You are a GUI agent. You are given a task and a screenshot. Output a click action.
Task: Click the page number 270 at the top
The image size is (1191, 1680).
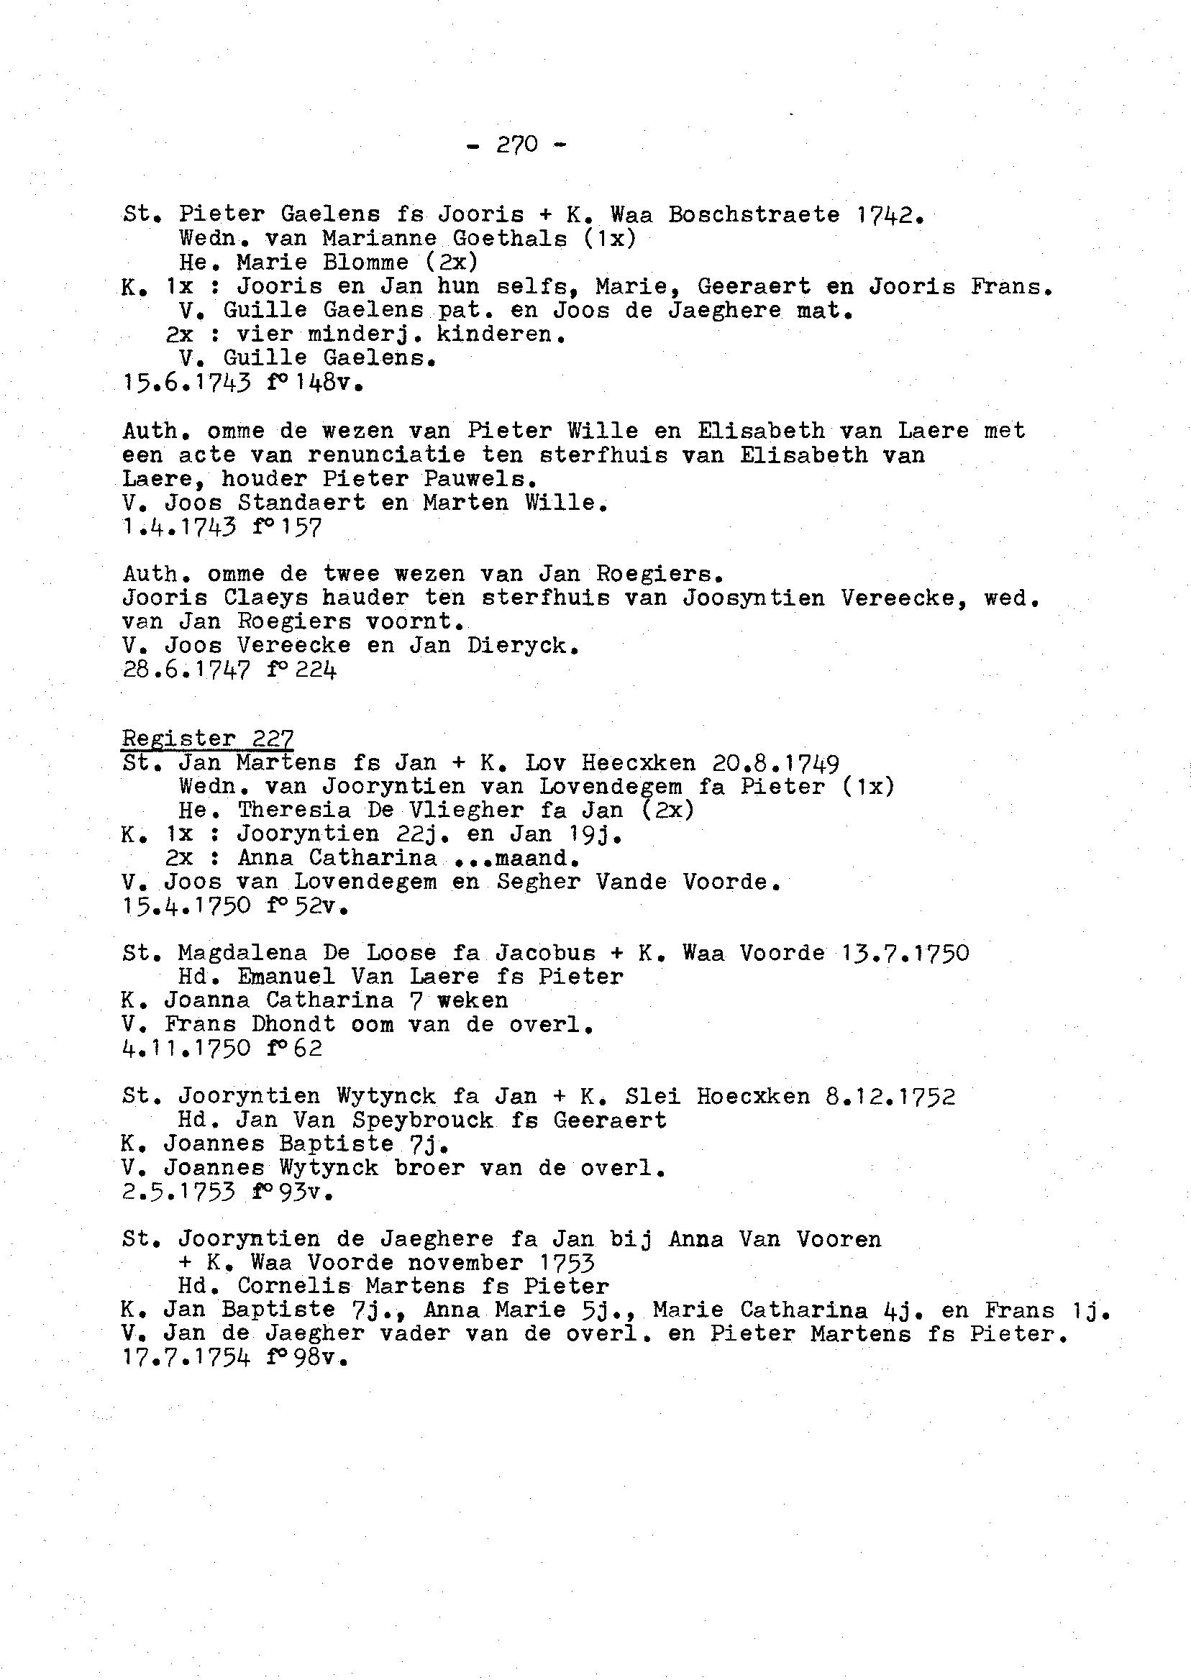517,145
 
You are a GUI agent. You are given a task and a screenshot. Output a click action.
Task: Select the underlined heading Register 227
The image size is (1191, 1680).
209,738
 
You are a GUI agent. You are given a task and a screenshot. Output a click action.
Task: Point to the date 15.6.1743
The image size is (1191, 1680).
186,382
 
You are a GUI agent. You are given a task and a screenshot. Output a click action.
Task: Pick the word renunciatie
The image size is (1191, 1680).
386,455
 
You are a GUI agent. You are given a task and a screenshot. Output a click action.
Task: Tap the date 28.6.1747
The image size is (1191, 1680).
186,670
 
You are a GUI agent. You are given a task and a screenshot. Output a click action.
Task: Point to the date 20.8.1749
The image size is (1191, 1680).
776,763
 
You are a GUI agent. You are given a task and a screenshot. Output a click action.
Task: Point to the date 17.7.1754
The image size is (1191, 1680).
186,1358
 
